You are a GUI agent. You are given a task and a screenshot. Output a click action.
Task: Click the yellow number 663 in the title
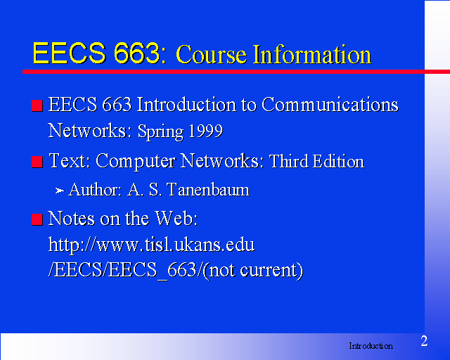[x=136, y=53]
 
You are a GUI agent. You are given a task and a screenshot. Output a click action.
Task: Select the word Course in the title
[x=211, y=54]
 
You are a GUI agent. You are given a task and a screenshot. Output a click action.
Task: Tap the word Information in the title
[x=312, y=54]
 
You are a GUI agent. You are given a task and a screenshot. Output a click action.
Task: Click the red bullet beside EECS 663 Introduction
[x=37, y=105]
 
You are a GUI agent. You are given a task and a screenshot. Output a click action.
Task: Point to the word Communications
[x=330, y=104]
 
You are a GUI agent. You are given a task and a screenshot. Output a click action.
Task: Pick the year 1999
[x=205, y=131]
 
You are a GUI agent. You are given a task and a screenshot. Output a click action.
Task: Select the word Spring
[x=160, y=132]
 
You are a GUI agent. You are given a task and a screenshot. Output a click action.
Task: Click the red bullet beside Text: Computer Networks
[x=37, y=162]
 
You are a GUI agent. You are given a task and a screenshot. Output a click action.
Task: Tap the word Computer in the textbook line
[x=135, y=162]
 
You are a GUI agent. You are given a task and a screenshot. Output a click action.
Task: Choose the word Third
[x=289, y=161]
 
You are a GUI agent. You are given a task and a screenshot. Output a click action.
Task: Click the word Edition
[x=339, y=161]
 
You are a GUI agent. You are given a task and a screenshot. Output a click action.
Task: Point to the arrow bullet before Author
[x=59, y=191]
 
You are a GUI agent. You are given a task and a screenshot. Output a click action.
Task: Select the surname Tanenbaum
[x=208, y=190]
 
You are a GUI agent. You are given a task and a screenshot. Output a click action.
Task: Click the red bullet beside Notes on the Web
[x=37, y=219]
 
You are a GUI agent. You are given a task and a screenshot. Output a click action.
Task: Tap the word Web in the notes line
[x=176, y=218]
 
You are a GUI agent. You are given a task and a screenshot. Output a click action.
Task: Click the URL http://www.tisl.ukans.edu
[x=152, y=245]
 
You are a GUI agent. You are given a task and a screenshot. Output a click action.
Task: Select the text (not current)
[x=252, y=270]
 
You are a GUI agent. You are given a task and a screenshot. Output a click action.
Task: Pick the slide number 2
[x=424, y=341]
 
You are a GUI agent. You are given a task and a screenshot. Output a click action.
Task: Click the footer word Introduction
[x=371, y=346]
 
